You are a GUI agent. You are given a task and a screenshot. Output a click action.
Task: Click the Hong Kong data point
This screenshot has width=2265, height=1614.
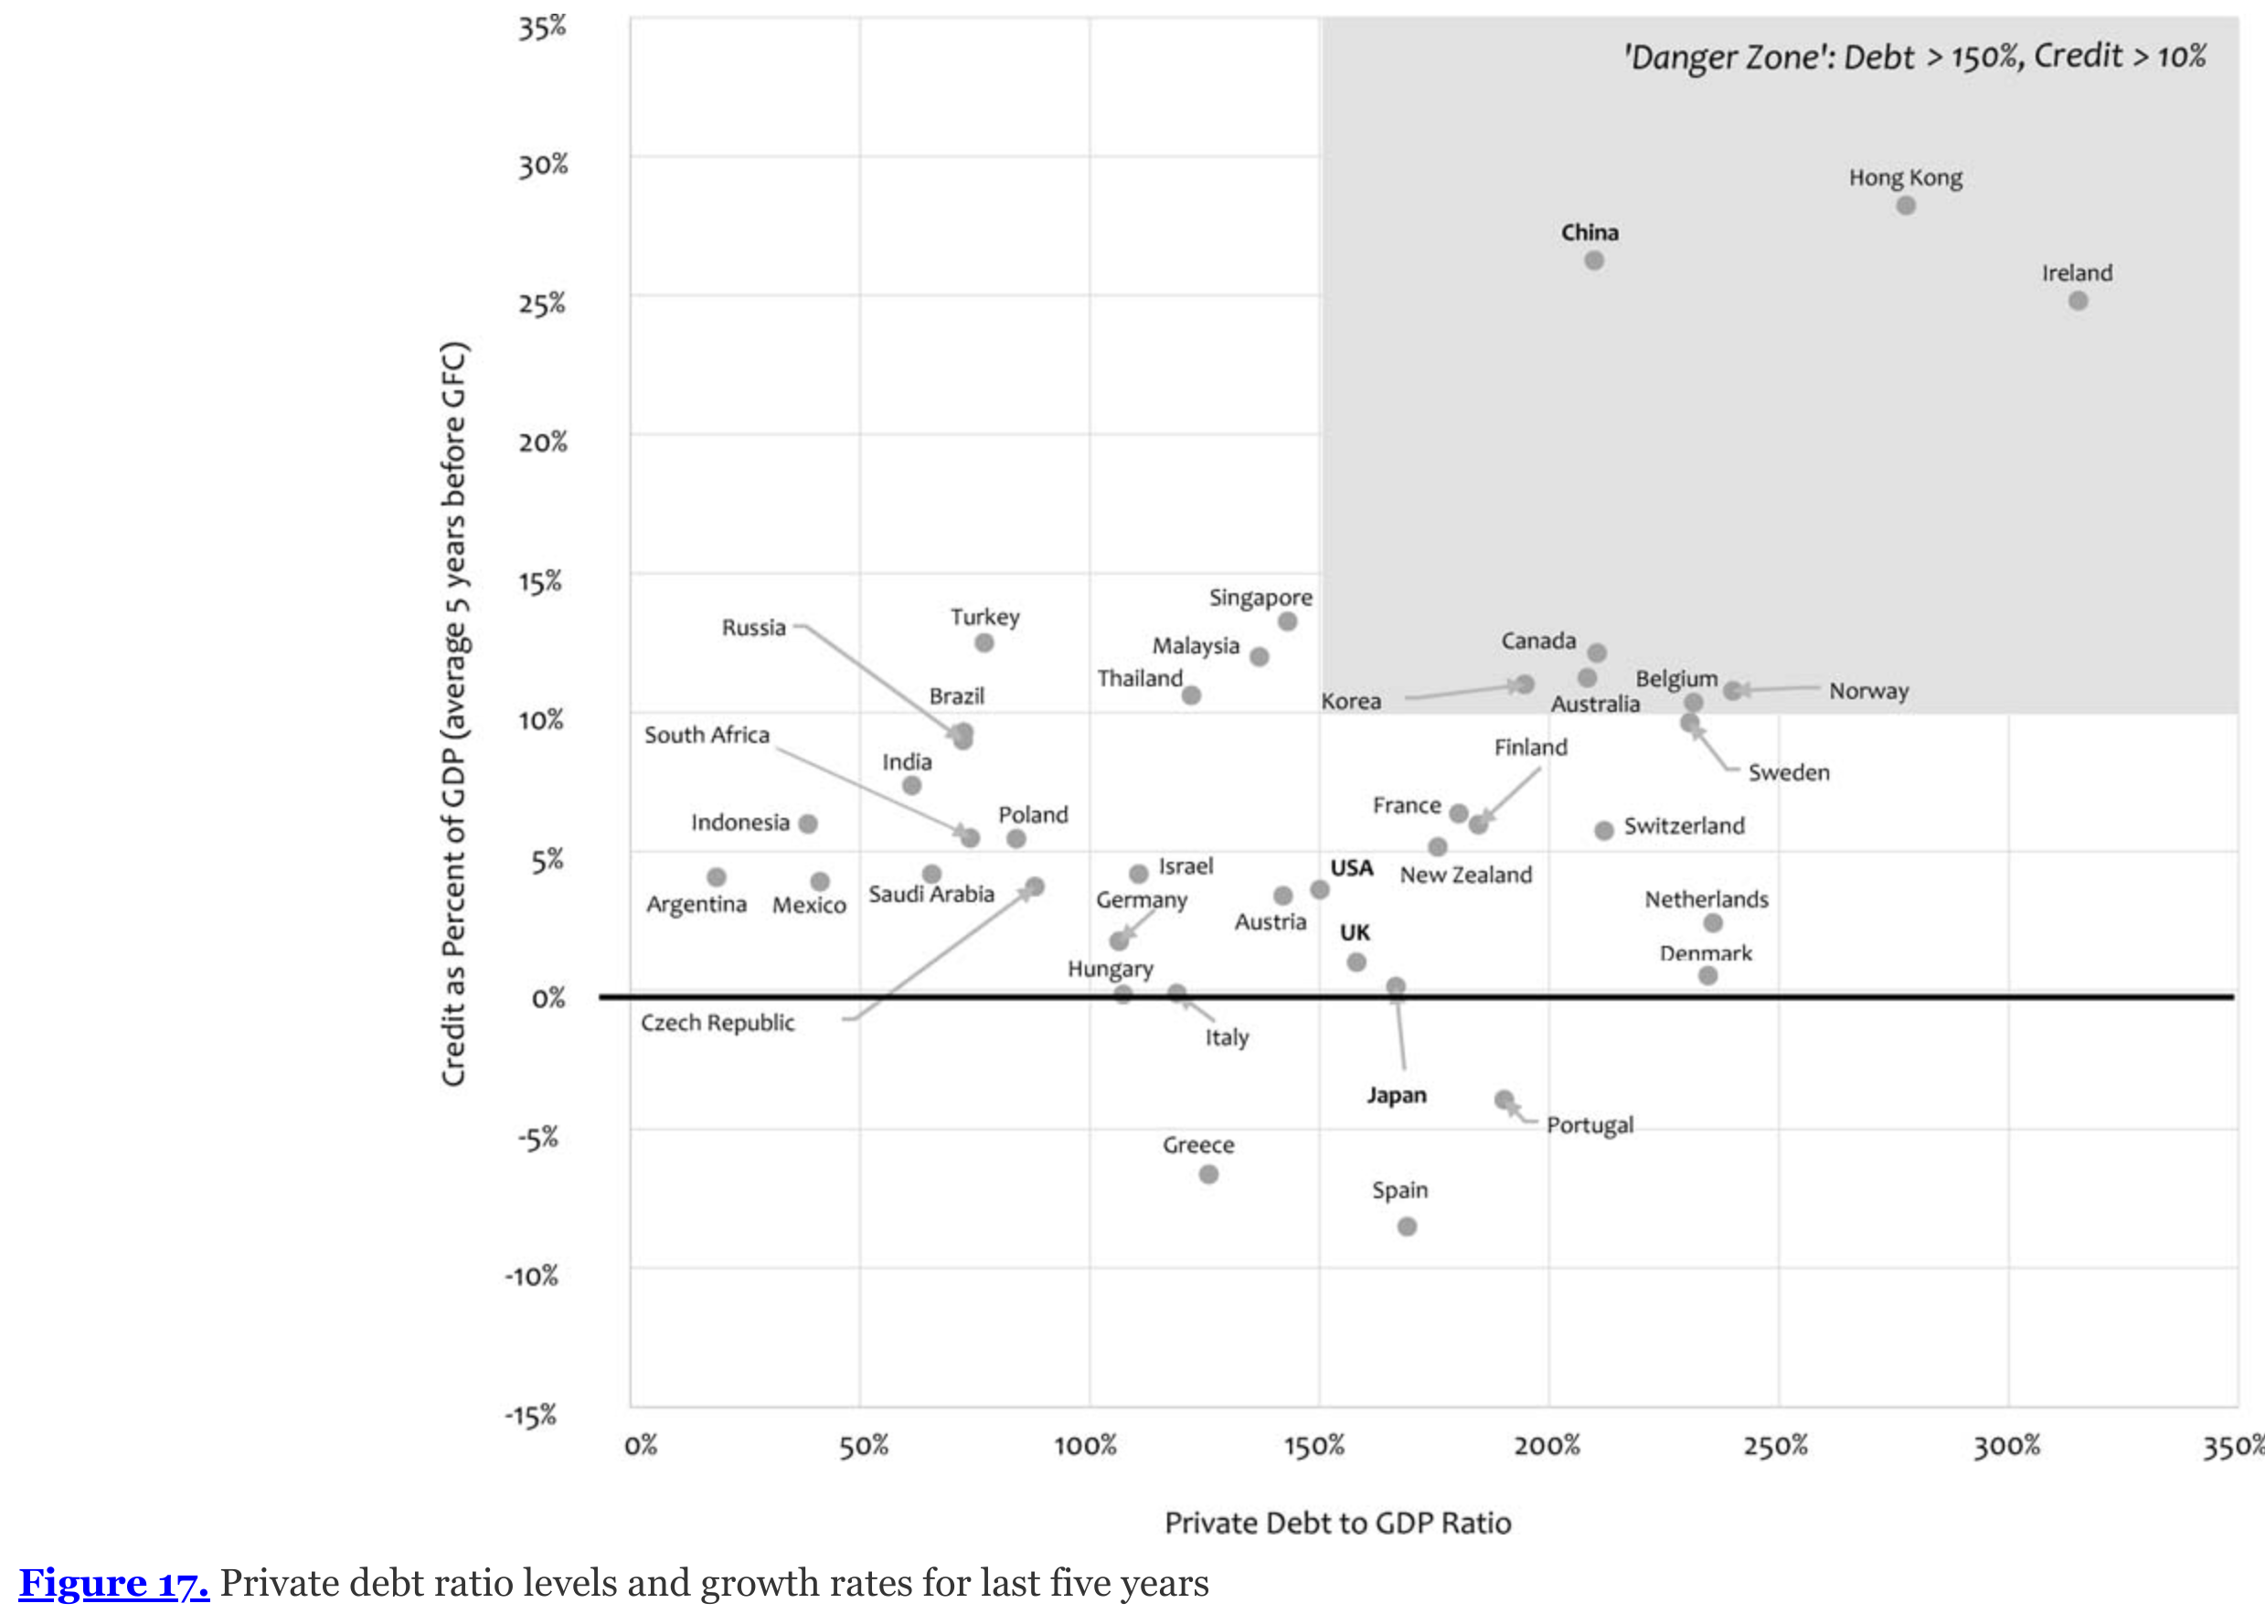(x=1905, y=206)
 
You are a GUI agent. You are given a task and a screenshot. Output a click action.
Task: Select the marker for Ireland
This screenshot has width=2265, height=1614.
(x=2079, y=300)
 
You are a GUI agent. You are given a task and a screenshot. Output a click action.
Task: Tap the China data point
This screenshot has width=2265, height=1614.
(x=1594, y=260)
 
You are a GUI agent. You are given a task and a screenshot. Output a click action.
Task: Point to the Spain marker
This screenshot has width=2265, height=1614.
(x=1408, y=1226)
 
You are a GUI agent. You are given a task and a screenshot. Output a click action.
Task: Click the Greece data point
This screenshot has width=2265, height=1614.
(x=1208, y=1173)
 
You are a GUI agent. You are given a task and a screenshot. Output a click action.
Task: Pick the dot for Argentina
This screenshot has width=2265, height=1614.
(x=717, y=876)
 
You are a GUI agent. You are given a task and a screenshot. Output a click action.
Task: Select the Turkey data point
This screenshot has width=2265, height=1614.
(x=984, y=643)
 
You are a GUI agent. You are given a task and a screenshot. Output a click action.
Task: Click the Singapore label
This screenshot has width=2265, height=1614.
(x=1260, y=598)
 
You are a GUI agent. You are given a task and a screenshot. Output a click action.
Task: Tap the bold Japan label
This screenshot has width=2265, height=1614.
(x=1397, y=1095)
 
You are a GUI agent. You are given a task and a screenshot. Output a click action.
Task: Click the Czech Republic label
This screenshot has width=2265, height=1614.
(x=718, y=1023)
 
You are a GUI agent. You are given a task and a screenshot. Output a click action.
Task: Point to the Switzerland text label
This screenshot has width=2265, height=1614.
(x=1684, y=826)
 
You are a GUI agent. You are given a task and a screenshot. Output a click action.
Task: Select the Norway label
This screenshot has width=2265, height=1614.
(x=1868, y=691)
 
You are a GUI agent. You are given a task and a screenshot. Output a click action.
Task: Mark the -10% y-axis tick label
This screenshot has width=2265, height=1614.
(x=532, y=1276)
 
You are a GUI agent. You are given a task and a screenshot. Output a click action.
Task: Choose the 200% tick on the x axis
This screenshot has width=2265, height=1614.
(x=1547, y=1445)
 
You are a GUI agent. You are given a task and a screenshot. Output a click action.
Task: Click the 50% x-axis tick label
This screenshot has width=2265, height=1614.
(x=863, y=1445)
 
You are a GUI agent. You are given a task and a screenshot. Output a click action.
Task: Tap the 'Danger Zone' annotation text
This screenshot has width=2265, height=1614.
(x=1914, y=57)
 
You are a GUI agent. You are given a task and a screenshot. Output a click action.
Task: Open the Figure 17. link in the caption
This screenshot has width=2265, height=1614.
(x=114, y=1582)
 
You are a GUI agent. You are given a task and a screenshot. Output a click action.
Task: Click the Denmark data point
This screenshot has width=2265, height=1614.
(x=1707, y=975)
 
